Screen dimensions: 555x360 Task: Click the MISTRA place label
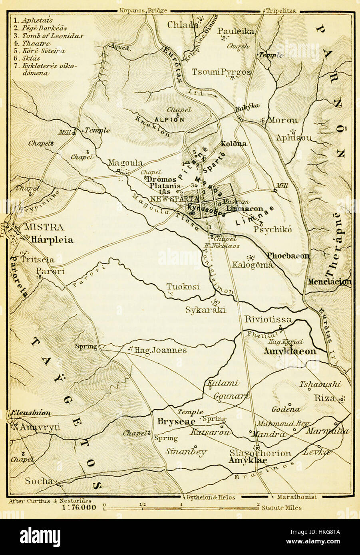44,228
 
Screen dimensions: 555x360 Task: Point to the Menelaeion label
330,282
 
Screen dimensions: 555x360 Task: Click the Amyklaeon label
290,351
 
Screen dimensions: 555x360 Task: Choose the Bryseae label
176,422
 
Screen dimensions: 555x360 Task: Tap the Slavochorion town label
260,454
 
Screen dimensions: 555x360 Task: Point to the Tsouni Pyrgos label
227,72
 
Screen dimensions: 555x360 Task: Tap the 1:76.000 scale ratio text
79,507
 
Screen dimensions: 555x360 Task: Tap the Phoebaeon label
288,256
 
